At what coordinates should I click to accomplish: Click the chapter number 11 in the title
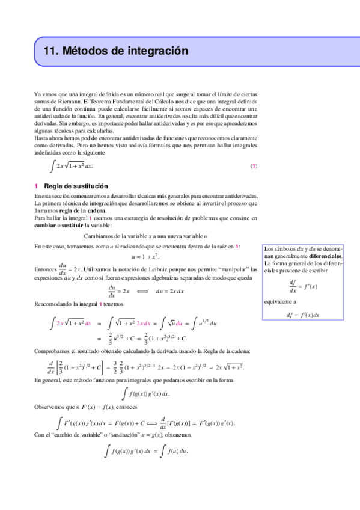coord(43,52)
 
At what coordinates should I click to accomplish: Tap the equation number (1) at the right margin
coord(253,166)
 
